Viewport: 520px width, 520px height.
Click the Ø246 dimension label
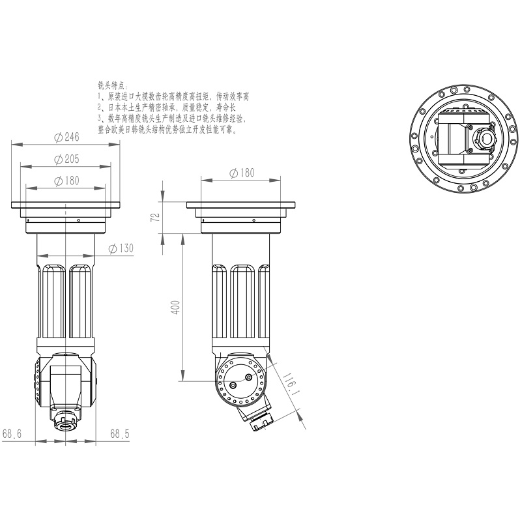(x=67, y=137)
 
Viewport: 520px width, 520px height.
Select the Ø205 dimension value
(x=67, y=159)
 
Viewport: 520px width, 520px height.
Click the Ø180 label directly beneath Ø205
(x=67, y=181)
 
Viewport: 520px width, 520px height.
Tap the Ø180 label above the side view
(x=242, y=173)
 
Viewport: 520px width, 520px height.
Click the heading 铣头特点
(x=113, y=85)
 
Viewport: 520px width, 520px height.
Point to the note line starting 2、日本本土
(x=169, y=108)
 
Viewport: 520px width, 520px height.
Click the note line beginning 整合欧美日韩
(x=167, y=129)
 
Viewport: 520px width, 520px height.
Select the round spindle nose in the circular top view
(x=484, y=137)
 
